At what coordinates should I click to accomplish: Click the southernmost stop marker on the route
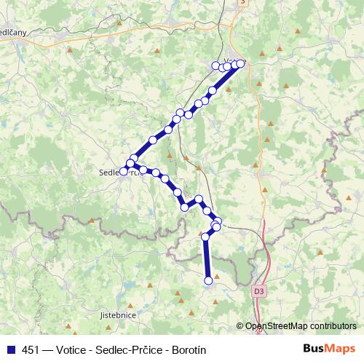point(209,280)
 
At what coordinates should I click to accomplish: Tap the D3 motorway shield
point(260,290)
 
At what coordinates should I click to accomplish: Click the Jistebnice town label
point(117,315)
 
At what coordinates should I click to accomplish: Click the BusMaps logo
point(330,349)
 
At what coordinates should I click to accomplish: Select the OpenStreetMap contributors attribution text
point(300,326)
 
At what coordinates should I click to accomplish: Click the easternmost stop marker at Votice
point(241,63)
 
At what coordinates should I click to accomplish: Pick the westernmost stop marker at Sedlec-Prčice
point(124,171)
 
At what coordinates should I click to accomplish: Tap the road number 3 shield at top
point(242,2)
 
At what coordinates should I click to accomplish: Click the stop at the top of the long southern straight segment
point(206,237)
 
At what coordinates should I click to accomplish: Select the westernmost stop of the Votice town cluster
point(215,66)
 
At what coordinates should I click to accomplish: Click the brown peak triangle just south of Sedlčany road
point(69,50)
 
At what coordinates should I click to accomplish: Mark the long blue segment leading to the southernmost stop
point(207,258)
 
